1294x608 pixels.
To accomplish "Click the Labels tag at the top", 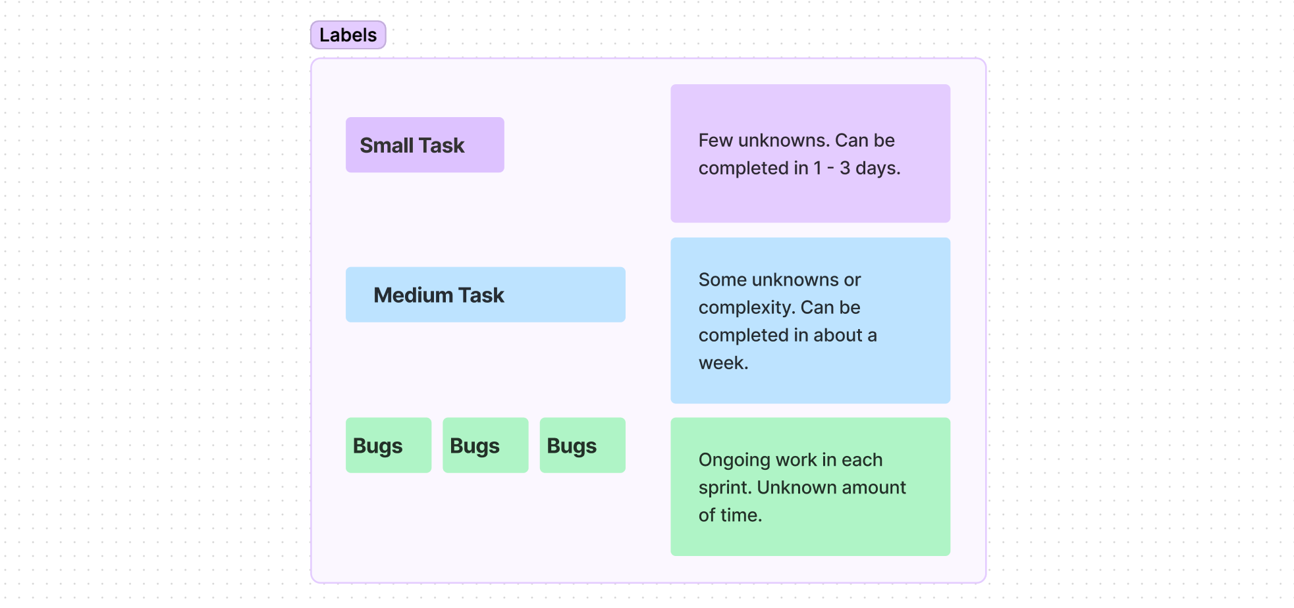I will (348, 35).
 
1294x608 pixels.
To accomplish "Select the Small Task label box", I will (425, 145).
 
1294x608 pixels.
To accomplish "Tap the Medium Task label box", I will (485, 295).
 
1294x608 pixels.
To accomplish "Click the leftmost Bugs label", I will (388, 445).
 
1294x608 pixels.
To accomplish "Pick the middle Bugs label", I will (485, 445).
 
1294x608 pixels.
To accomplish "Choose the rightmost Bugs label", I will (582, 445).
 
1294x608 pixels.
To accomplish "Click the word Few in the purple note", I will (715, 140).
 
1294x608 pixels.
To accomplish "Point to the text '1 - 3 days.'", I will (857, 168).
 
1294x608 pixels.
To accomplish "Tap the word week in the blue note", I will (721, 363).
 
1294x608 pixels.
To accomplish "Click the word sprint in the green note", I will (724, 488).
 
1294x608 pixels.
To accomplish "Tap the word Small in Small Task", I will (387, 145).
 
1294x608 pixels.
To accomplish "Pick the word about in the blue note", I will (838, 336).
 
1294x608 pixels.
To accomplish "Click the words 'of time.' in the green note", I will (730, 515).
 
